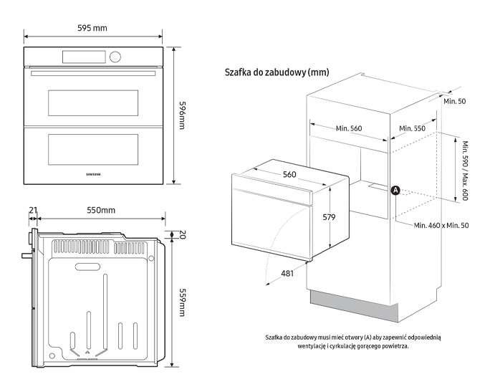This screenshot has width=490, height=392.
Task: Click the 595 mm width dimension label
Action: pyautogui.click(x=92, y=28)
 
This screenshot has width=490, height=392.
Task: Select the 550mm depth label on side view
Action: pyautogui.click(x=101, y=210)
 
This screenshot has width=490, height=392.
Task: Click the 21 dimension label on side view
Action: pyautogui.click(x=33, y=210)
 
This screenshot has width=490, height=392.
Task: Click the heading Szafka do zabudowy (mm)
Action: pyautogui.click(x=277, y=72)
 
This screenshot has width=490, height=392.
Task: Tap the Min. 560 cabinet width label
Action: pyautogui.click(x=349, y=128)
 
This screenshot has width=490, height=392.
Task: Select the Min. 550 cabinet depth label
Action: pyautogui.click(x=412, y=128)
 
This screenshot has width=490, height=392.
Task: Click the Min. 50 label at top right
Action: pyautogui.click(x=454, y=101)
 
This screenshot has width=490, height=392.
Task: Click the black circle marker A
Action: pyautogui.click(x=395, y=190)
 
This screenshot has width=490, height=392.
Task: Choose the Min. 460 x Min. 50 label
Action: pyautogui.click(x=441, y=226)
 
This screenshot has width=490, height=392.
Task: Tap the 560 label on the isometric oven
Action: pyautogui.click(x=289, y=175)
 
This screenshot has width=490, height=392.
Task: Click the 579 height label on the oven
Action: pyautogui.click(x=329, y=216)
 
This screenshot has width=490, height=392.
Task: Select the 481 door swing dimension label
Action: pyautogui.click(x=286, y=273)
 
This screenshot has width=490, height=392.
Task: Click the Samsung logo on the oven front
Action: pyautogui.click(x=94, y=173)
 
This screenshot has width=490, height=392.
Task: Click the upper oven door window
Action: pyautogui.click(x=93, y=103)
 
